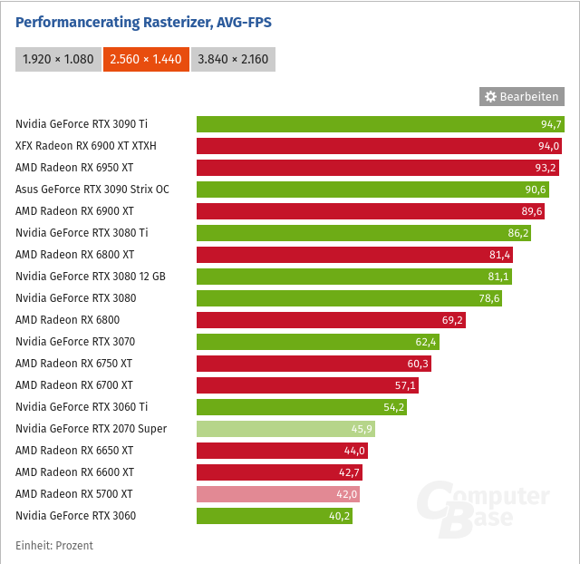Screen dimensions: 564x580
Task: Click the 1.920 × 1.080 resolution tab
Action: [x=58, y=59]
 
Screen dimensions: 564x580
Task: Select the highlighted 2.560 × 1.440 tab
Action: [x=146, y=59]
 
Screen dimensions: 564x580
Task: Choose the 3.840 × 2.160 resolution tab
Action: [x=234, y=59]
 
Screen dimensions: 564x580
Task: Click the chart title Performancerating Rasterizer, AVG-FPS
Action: [x=143, y=22]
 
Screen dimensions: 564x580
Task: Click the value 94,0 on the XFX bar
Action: [x=549, y=146]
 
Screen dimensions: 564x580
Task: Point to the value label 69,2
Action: [x=453, y=320]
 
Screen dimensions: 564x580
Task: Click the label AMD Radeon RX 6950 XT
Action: [x=74, y=168]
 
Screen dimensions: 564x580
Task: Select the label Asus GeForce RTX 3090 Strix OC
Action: [x=92, y=190]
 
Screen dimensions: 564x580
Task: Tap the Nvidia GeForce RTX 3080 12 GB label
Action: [x=91, y=277]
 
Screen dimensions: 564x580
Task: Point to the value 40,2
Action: [x=340, y=516]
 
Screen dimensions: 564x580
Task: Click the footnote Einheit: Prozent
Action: [x=54, y=545]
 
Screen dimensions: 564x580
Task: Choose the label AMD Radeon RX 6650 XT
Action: [x=74, y=451]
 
